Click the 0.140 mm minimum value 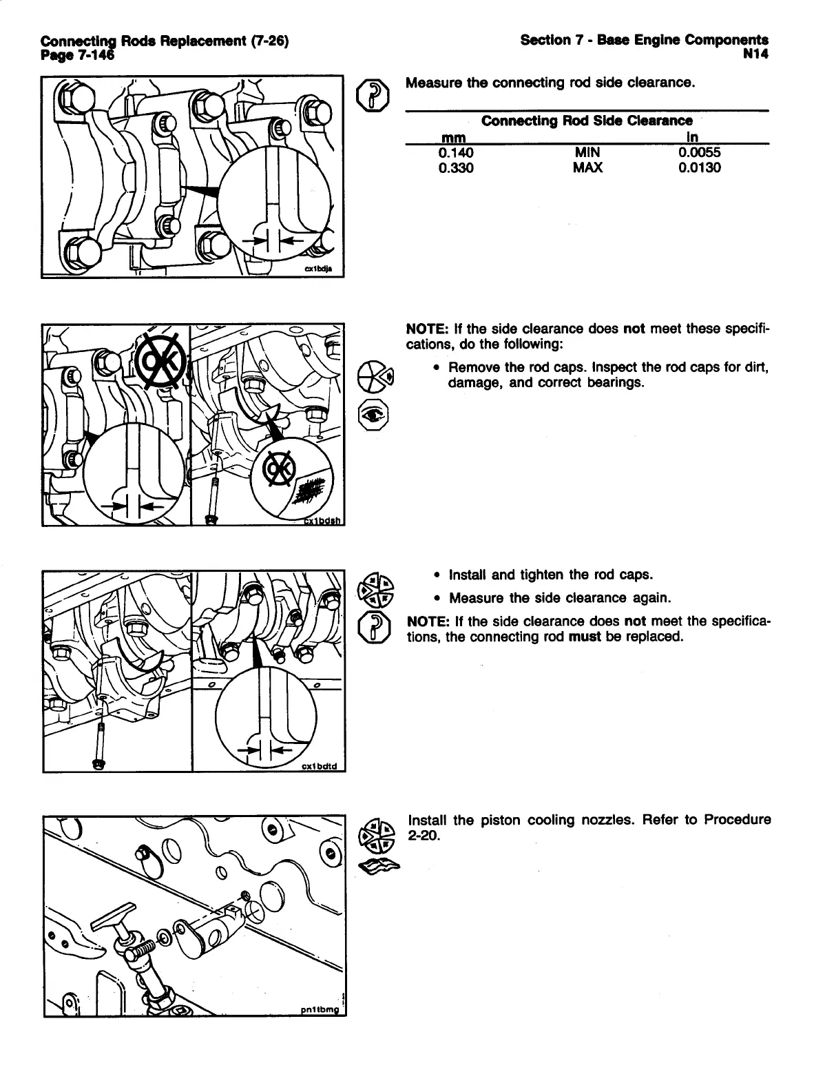coord(455,153)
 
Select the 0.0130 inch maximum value coord(699,167)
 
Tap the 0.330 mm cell coord(455,167)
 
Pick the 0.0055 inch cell coord(699,153)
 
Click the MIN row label coord(587,153)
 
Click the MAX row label coord(587,167)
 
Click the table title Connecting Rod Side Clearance coord(587,121)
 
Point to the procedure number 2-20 coord(424,836)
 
